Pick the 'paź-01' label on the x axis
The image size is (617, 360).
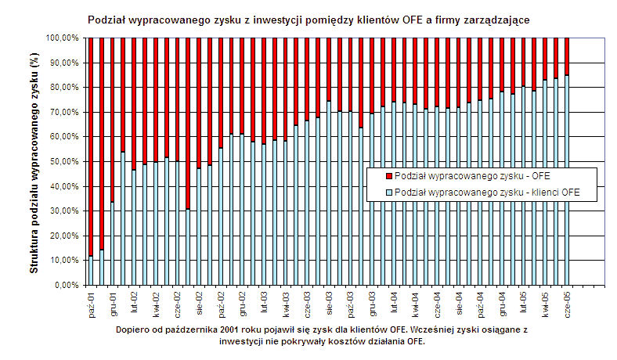pyautogui.click(x=92, y=301)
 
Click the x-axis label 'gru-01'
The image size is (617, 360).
pyautogui.click(x=114, y=301)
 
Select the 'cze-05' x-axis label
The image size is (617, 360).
pyautogui.click(x=565, y=301)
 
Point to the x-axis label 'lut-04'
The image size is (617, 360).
pyautogui.click(x=394, y=301)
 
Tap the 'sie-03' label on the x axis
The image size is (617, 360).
pyautogui.click(x=329, y=301)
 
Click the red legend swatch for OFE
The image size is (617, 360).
pyautogui.click(x=390, y=175)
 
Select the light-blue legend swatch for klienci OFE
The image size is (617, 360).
pyautogui.click(x=390, y=191)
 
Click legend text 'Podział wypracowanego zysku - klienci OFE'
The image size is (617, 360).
pyautogui.click(x=486, y=191)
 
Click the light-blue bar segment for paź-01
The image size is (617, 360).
pyautogui.click(x=91, y=271)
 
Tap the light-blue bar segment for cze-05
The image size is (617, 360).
pyautogui.click(x=566, y=180)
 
